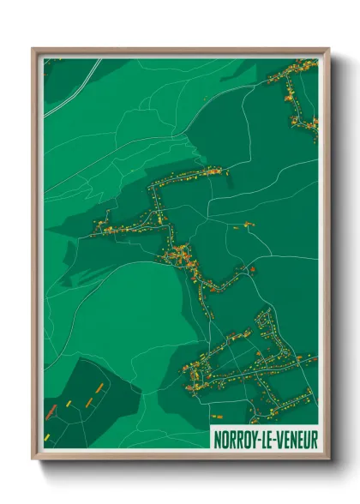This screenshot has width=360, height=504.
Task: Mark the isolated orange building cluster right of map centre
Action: [x=248, y=225]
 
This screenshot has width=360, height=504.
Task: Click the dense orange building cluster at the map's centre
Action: [x=182, y=255]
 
